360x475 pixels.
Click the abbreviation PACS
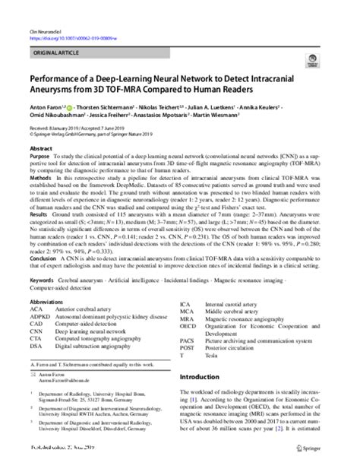pyautogui.click(x=188, y=340)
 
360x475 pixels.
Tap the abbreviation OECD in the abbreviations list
pyautogui.click(x=188, y=326)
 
